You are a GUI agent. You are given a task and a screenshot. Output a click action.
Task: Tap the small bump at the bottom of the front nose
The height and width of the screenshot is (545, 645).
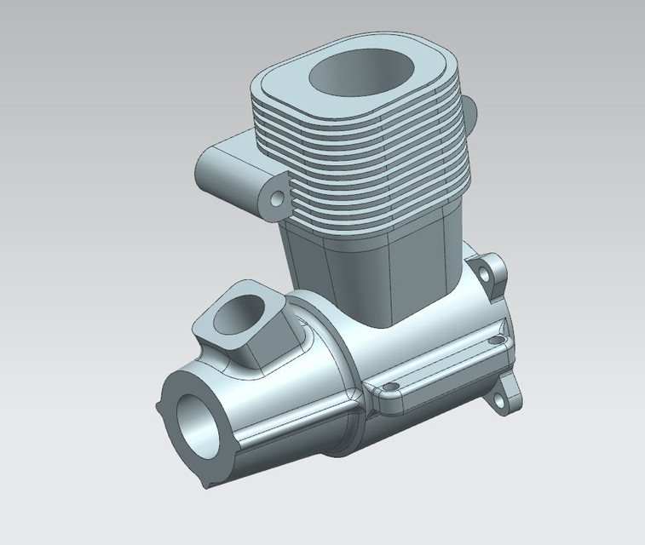[206, 484]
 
